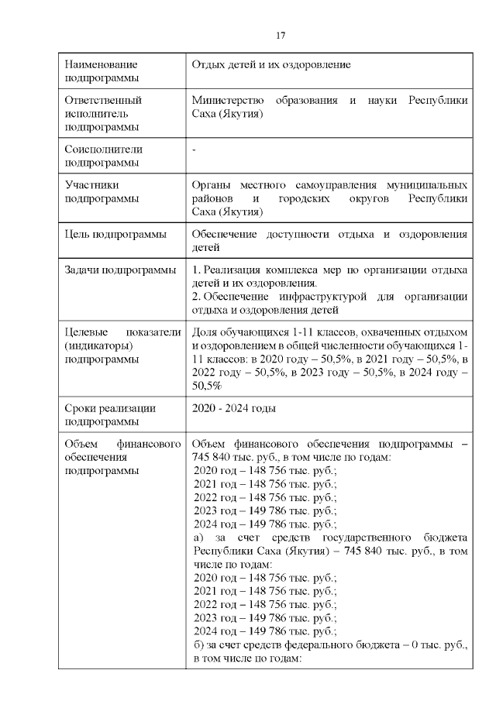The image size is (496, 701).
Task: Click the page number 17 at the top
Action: [x=281, y=36]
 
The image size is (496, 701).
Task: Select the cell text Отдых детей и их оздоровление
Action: [x=271, y=64]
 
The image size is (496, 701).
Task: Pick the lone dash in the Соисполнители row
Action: [x=194, y=149]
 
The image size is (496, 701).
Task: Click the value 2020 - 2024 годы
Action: [x=234, y=407]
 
